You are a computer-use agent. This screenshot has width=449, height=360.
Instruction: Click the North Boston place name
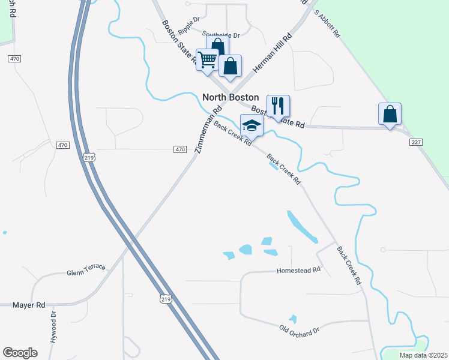point(231,97)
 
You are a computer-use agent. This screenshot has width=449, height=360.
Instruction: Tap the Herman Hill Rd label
point(272,53)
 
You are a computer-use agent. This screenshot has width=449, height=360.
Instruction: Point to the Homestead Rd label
point(298,271)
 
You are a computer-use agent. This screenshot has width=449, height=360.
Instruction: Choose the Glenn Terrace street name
point(86,270)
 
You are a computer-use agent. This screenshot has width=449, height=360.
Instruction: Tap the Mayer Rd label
point(29,305)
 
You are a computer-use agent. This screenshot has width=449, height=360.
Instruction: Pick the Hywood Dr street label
point(53,326)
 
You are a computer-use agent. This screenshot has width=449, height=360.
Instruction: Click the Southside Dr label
point(220,35)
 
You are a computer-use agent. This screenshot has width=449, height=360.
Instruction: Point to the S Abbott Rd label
point(328,25)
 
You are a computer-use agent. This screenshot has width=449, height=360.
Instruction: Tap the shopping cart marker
point(208,60)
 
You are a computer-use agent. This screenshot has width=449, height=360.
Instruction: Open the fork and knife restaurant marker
point(278,106)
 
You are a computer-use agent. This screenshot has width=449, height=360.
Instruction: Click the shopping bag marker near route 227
point(390,114)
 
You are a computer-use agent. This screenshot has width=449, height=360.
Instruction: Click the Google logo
point(20,353)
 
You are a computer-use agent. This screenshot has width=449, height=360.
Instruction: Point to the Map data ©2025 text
point(423,355)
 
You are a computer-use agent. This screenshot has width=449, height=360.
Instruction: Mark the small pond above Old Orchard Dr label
point(292,319)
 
